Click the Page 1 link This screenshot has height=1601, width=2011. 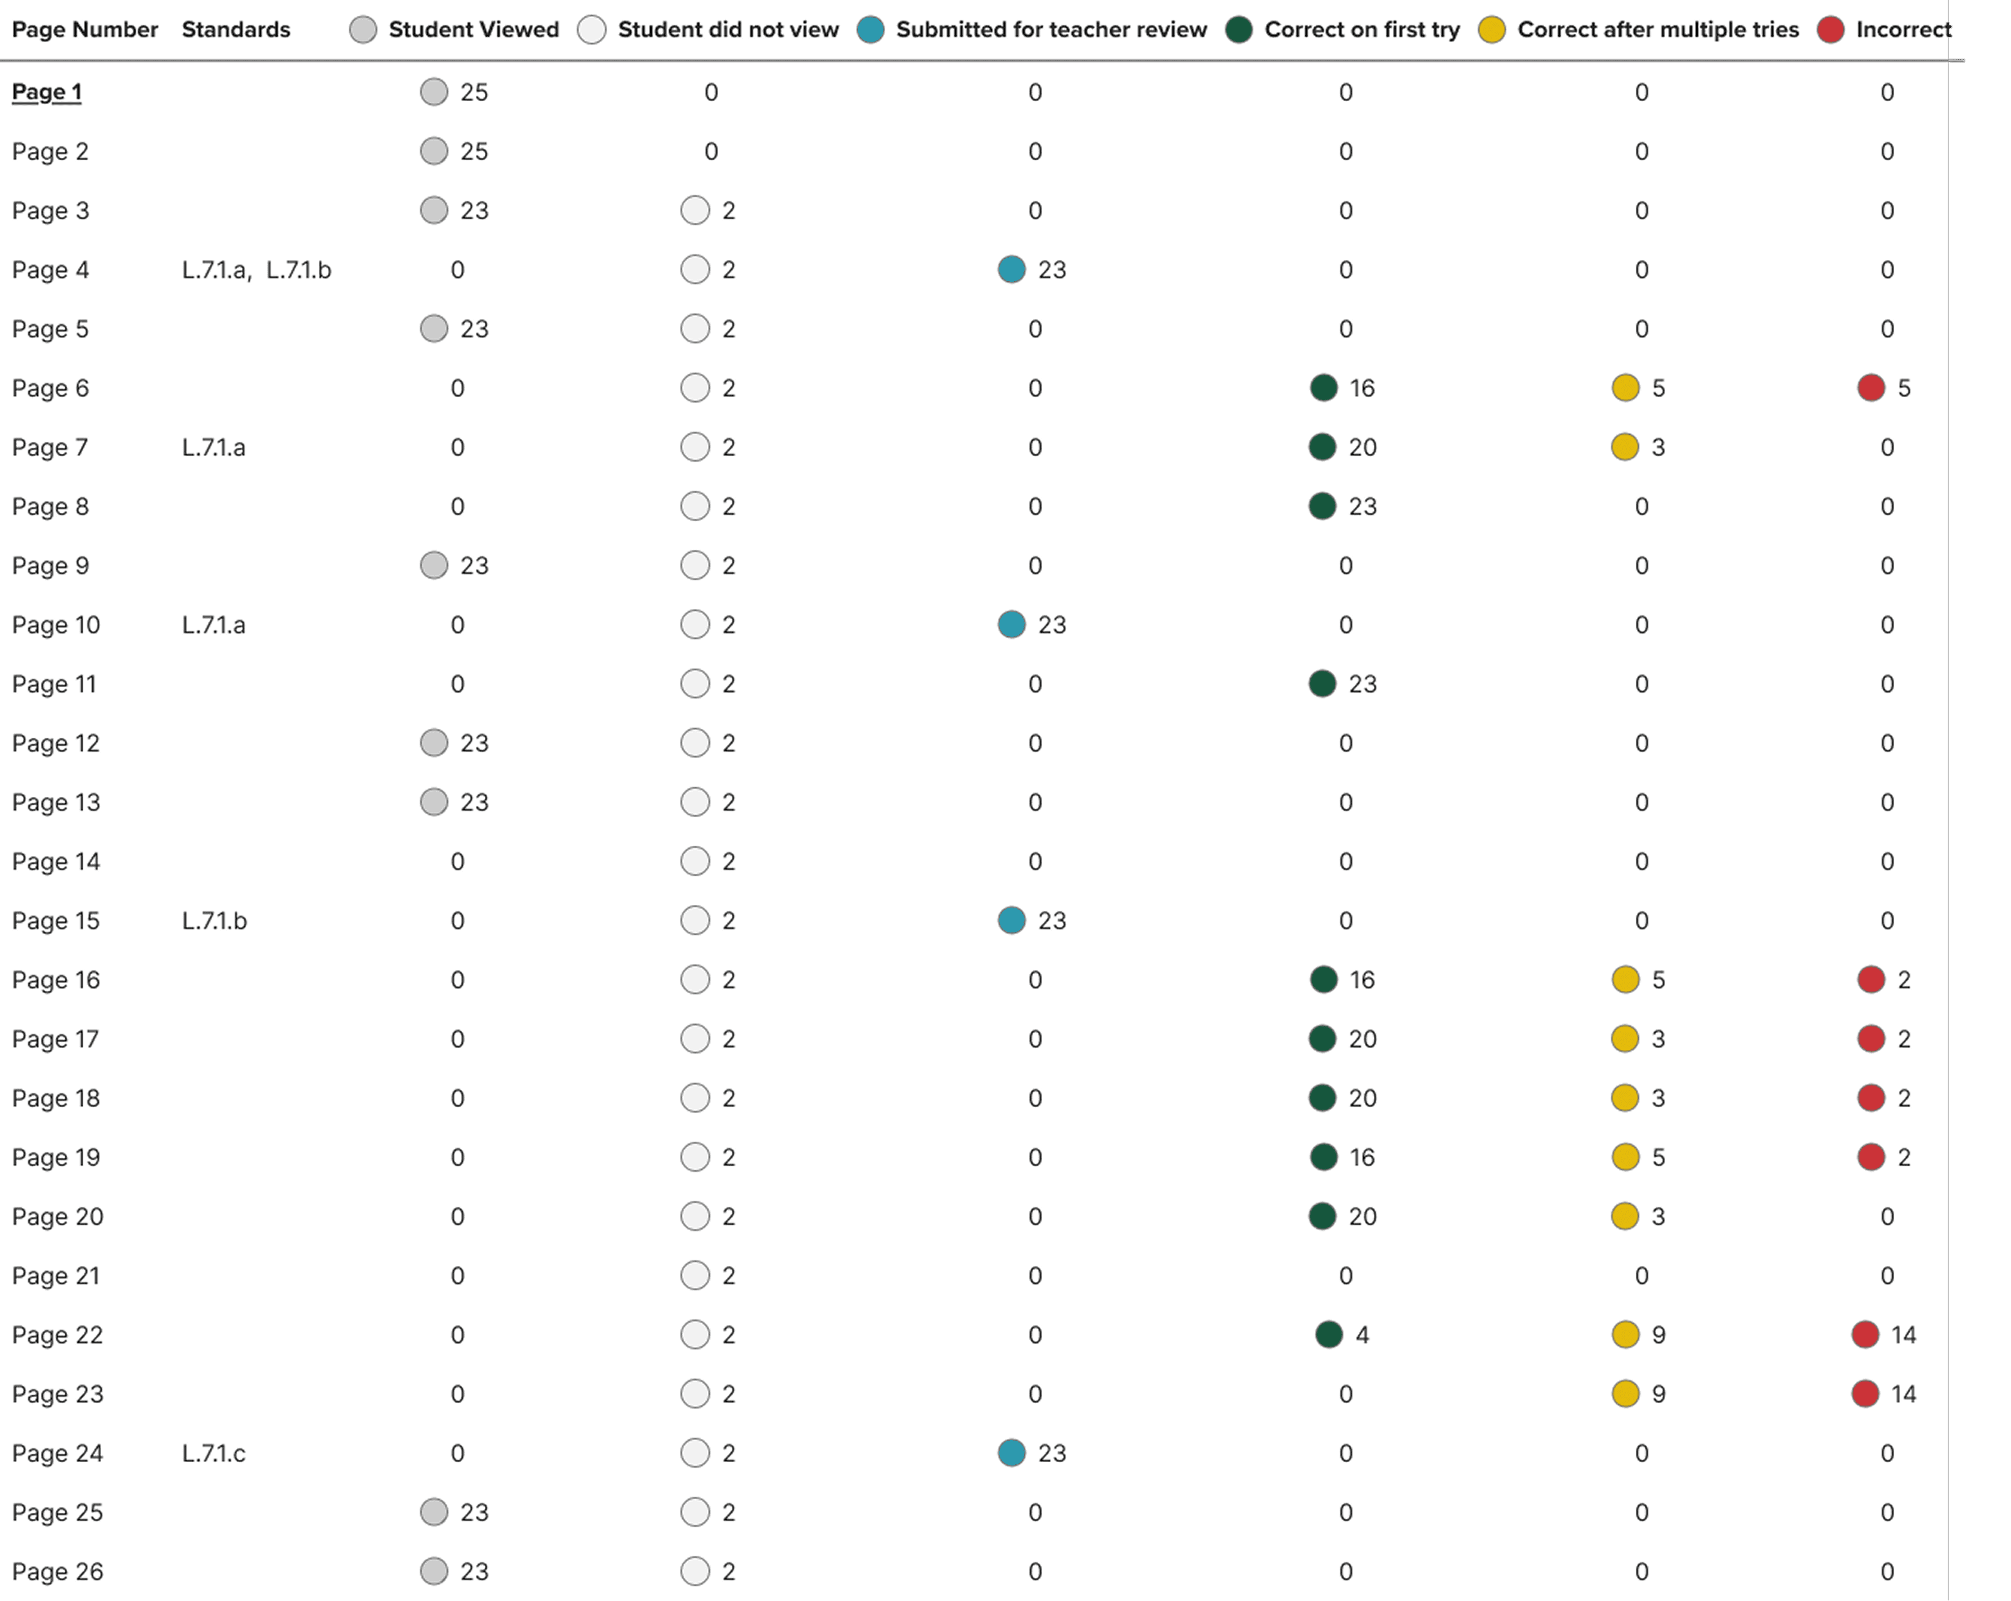click(47, 92)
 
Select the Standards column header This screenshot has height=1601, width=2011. click(236, 30)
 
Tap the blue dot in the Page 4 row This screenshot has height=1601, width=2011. click(1011, 269)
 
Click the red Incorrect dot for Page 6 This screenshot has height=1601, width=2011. click(1870, 388)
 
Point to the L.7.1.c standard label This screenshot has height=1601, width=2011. click(214, 1454)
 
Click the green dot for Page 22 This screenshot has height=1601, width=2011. click(1328, 1335)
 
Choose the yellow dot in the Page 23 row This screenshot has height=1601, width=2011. click(1625, 1394)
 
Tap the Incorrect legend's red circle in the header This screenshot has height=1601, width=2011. click(1830, 30)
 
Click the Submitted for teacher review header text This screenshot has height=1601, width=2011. click(1051, 30)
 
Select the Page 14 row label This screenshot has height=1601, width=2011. click(56, 862)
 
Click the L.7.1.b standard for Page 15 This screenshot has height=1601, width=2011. click(214, 921)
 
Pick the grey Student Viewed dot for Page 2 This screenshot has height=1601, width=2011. click(434, 151)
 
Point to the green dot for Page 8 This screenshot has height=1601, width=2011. click(1322, 507)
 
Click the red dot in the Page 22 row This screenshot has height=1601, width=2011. click(1865, 1335)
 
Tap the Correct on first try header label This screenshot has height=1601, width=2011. click(1362, 30)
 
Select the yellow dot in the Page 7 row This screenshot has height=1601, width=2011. click(1625, 448)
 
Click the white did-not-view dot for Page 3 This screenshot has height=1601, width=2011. click(695, 211)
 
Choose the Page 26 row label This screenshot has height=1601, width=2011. click(58, 1572)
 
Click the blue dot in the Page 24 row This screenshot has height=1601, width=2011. click(1011, 1454)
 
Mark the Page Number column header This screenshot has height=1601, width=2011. click(85, 30)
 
